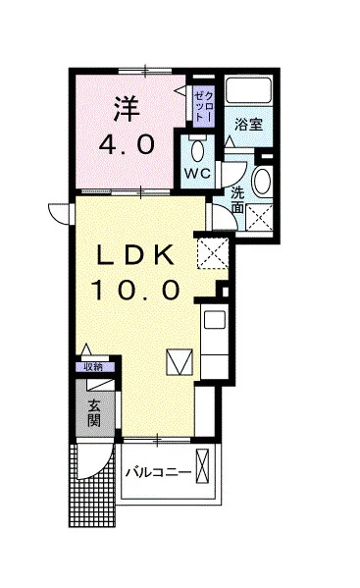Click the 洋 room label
(x=127, y=109)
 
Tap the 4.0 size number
(x=127, y=144)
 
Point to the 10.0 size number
(x=135, y=290)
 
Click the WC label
(x=197, y=173)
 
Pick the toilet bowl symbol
(x=197, y=150)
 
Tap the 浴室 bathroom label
(x=248, y=125)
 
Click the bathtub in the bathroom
(x=248, y=90)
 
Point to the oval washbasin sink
(x=262, y=182)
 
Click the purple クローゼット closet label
(x=204, y=106)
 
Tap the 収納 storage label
(x=93, y=367)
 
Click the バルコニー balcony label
(x=158, y=472)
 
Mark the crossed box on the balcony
(x=202, y=465)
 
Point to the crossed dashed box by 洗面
(x=259, y=217)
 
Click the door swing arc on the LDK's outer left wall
(x=56, y=215)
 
